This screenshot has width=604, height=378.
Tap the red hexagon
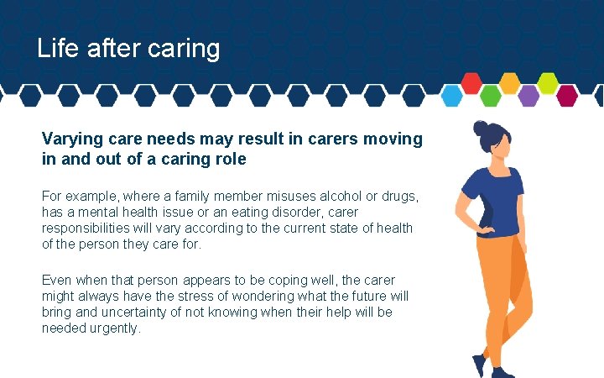pos(472,83)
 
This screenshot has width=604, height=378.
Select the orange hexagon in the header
pos(510,83)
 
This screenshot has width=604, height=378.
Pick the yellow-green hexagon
pos(548,83)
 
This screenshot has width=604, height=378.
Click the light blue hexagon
pos(453,96)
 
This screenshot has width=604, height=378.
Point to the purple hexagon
pos(528,96)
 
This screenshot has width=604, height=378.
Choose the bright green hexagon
pos(491,96)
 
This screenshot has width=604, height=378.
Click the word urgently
pos(116,328)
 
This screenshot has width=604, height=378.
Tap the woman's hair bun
pos(481,129)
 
